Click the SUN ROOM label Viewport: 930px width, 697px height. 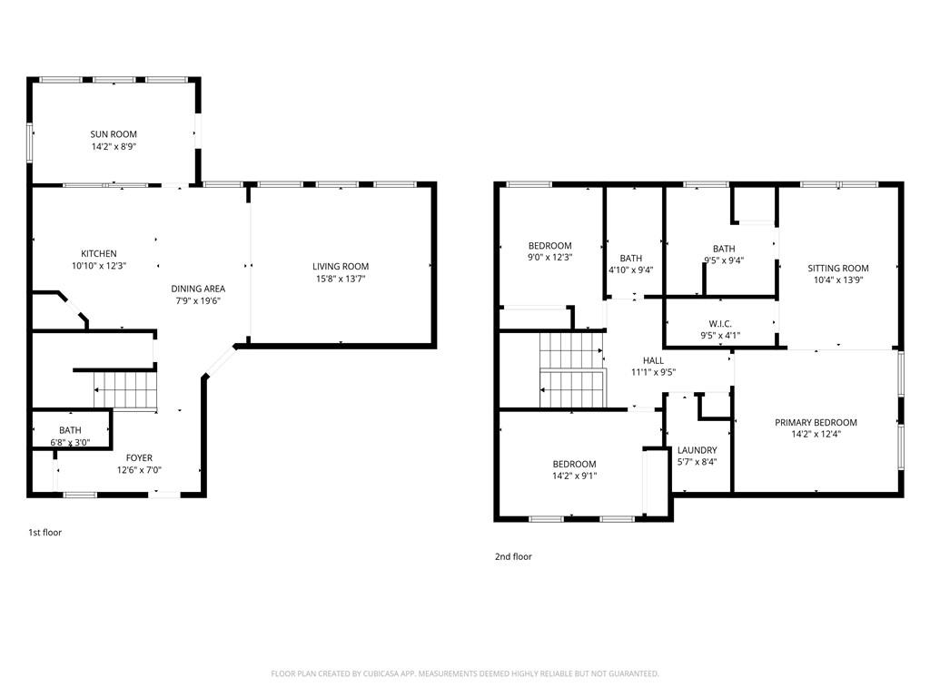click(114, 134)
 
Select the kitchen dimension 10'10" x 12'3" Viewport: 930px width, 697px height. click(99, 266)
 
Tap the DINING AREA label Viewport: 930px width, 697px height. click(198, 289)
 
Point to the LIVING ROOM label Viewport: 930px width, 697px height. click(341, 266)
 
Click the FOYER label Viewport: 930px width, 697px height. click(139, 457)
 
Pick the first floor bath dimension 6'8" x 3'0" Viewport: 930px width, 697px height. click(70, 443)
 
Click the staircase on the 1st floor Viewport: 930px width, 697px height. click(127, 390)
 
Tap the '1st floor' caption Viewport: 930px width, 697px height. click(45, 533)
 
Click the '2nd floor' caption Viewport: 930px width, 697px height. click(513, 556)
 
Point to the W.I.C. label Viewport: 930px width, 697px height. click(720, 324)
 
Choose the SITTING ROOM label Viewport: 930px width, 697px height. click(838, 268)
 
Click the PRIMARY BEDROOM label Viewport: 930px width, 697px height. click(816, 422)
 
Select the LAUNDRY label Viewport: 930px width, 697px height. click(697, 450)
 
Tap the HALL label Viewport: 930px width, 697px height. click(653, 360)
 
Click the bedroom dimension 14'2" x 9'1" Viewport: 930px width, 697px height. click(574, 476)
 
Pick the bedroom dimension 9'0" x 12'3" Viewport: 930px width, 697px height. click(549, 258)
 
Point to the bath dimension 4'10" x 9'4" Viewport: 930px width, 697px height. click(630, 270)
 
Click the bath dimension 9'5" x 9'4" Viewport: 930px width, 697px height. click(724, 260)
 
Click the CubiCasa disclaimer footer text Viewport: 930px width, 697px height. click(465, 673)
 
